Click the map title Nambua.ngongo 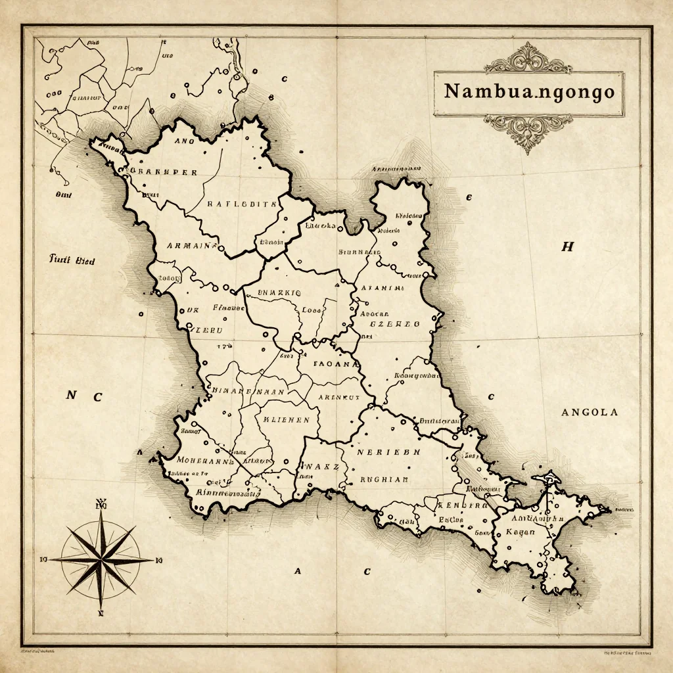pos(529,92)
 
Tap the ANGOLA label pos(590,413)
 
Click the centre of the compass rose pos(101,560)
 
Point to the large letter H pos(567,247)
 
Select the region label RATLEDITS pos(242,204)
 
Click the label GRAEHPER pos(163,172)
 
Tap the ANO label pos(185,140)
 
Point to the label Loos pos(312,310)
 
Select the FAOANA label pos(336,363)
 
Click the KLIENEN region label pos(286,419)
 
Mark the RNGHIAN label pos(384,479)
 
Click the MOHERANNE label pos(205,461)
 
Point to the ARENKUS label pos(338,397)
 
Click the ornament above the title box pos(528,58)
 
